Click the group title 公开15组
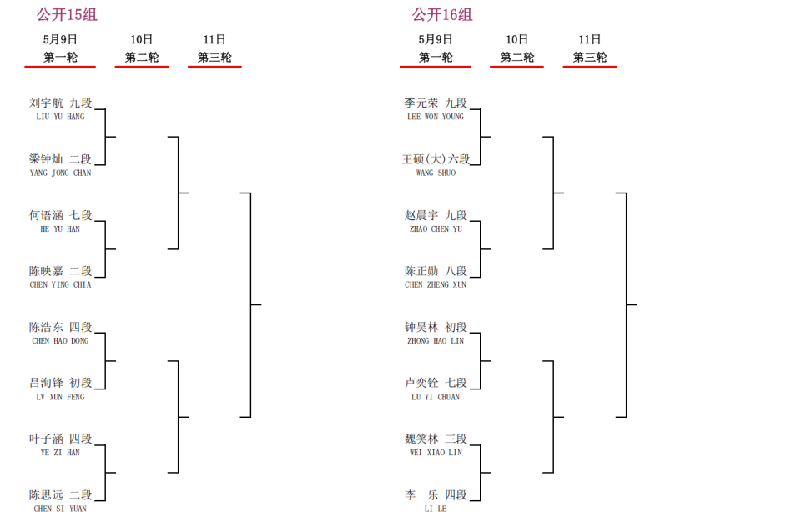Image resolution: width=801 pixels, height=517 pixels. point(67,14)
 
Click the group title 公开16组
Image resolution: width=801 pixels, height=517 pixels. point(442,14)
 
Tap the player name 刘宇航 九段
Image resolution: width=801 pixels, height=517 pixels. point(60,103)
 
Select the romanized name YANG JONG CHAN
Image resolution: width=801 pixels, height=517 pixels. point(60,173)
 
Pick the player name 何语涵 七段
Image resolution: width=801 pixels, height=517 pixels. point(60,215)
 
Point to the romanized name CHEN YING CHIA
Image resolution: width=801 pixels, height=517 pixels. point(60,285)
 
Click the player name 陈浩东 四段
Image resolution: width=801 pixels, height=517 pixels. point(60,327)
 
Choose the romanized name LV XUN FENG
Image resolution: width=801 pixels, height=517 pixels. point(60,397)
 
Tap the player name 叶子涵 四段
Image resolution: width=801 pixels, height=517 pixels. point(60,439)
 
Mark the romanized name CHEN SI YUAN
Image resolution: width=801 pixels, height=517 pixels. point(60,509)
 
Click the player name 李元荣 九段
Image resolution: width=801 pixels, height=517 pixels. point(436,103)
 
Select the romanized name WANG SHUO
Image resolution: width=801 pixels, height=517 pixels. point(436,173)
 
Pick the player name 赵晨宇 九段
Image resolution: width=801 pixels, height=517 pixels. point(436,215)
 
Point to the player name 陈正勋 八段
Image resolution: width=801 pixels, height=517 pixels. point(436,271)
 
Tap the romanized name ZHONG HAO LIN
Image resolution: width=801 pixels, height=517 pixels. point(436,341)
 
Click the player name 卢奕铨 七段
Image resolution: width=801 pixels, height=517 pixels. point(436,383)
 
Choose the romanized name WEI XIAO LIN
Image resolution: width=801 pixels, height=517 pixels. point(436,453)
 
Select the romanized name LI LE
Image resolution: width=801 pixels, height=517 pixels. point(436,509)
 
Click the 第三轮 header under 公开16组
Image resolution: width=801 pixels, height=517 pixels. point(590,58)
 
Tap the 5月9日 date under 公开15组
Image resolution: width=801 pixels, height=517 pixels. point(60,39)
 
